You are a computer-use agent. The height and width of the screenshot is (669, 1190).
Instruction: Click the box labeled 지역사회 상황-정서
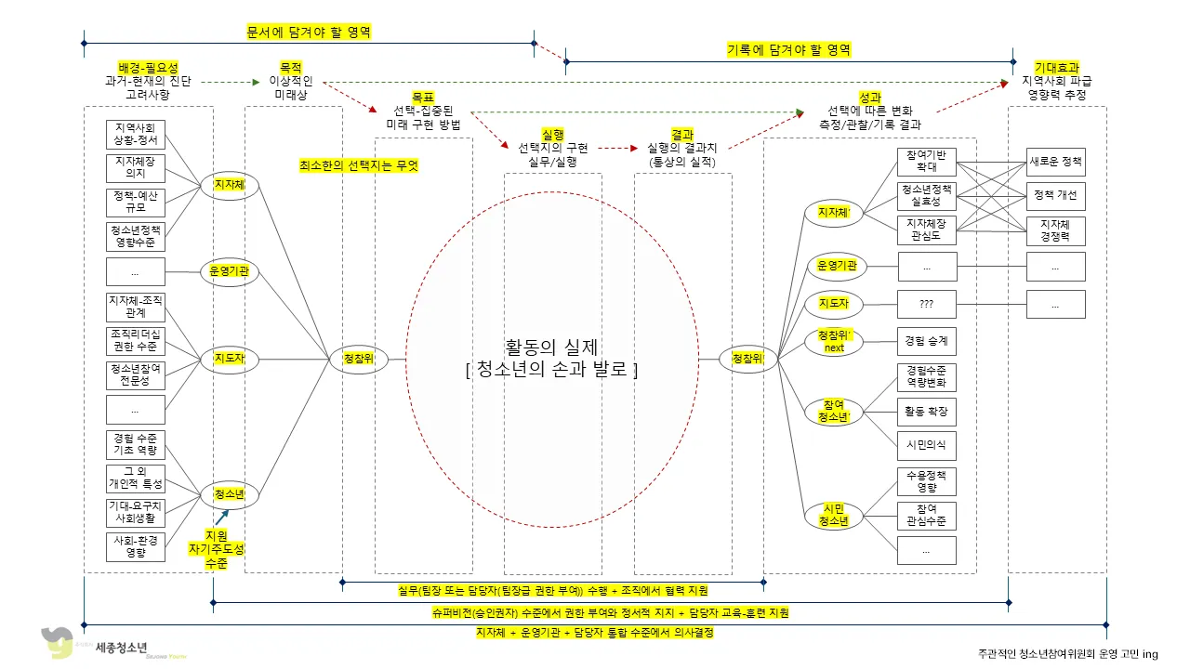pyautogui.click(x=136, y=134)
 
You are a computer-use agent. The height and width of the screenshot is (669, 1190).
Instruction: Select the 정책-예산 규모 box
pyautogui.click(x=136, y=202)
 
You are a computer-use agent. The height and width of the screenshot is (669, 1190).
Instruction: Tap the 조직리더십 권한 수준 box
pyautogui.click(x=136, y=340)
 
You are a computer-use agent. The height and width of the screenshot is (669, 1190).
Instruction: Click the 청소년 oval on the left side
pyautogui.click(x=229, y=494)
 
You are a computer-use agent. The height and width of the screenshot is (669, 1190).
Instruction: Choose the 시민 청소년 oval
pyautogui.click(x=834, y=515)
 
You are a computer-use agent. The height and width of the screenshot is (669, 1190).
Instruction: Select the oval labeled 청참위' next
pyautogui.click(x=834, y=341)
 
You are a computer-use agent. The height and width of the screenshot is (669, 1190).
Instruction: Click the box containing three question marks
pyautogui.click(x=926, y=303)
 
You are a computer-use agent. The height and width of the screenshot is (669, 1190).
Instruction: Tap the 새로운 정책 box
pyautogui.click(x=1055, y=162)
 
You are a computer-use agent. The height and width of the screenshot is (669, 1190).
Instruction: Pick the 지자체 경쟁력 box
pyautogui.click(x=1055, y=230)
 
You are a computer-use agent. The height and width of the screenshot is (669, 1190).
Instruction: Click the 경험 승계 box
pyautogui.click(x=926, y=341)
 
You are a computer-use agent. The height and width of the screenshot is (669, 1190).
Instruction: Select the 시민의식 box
pyautogui.click(x=926, y=445)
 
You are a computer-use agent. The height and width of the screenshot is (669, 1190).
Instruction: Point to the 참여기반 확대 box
pyautogui.click(x=926, y=162)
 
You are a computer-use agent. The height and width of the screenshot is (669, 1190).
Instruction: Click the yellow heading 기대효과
pyautogui.click(x=1057, y=68)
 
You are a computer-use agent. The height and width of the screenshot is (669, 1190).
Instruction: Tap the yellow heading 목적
pyautogui.click(x=291, y=68)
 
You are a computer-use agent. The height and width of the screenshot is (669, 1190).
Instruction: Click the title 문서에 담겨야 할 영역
pyautogui.click(x=309, y=32)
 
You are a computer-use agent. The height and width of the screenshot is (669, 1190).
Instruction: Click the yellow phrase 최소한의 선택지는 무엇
pyautogui.click(x=359, y=165)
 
